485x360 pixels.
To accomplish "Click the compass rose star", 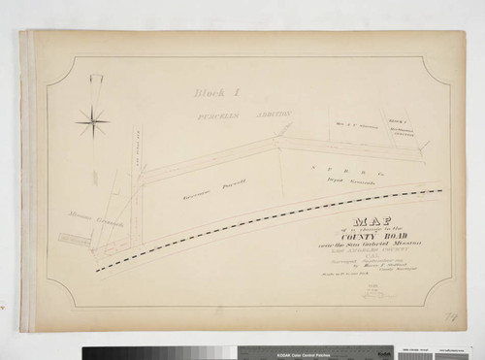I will tap(93, 122).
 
